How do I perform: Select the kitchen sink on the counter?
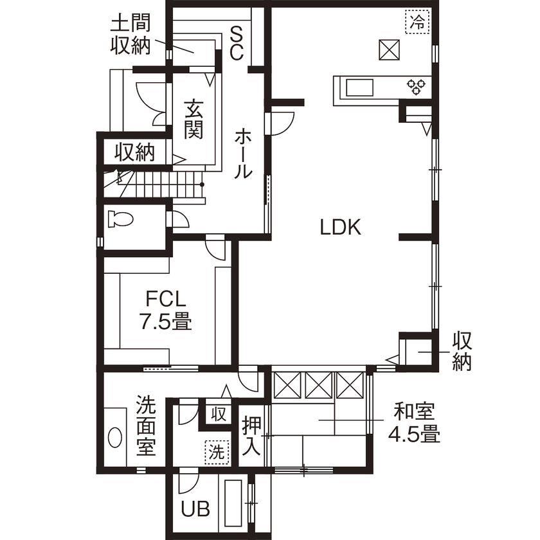pos(358,86)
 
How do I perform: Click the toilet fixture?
pos(120,219)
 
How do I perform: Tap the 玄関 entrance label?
pos(194,119)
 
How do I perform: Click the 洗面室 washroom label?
pos(147,425)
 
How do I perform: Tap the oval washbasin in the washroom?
pos(115,438)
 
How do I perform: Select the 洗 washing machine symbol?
pos(217,452)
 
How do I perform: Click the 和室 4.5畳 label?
pos(414,422)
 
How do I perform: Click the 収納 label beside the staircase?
pos(135,152)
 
